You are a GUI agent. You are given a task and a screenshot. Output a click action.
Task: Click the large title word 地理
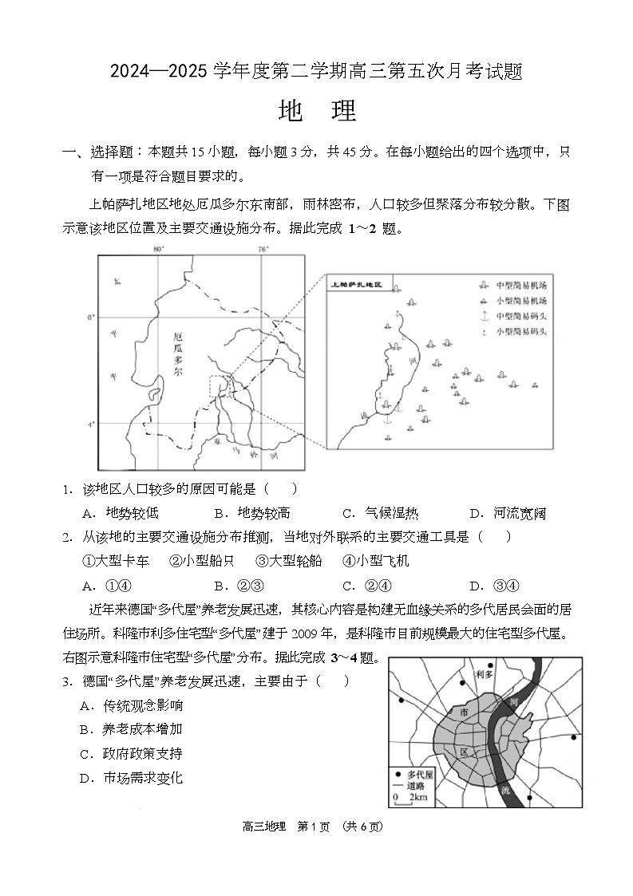pyautogui.click(x=317, y=112)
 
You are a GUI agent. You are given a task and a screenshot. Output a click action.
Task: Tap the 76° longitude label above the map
pyautogui.click(x=264, y=250)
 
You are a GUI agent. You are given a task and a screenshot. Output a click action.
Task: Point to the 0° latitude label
pyautogui.click(x=91, y=318)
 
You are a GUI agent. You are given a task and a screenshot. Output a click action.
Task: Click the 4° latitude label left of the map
pyautogui.click(x=91, y=424)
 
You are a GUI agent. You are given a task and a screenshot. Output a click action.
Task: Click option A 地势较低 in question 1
pyautogui.click(x=121, y=514)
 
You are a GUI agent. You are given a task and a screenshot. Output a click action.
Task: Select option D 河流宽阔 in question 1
pyautogui.click(x=508, y=514)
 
